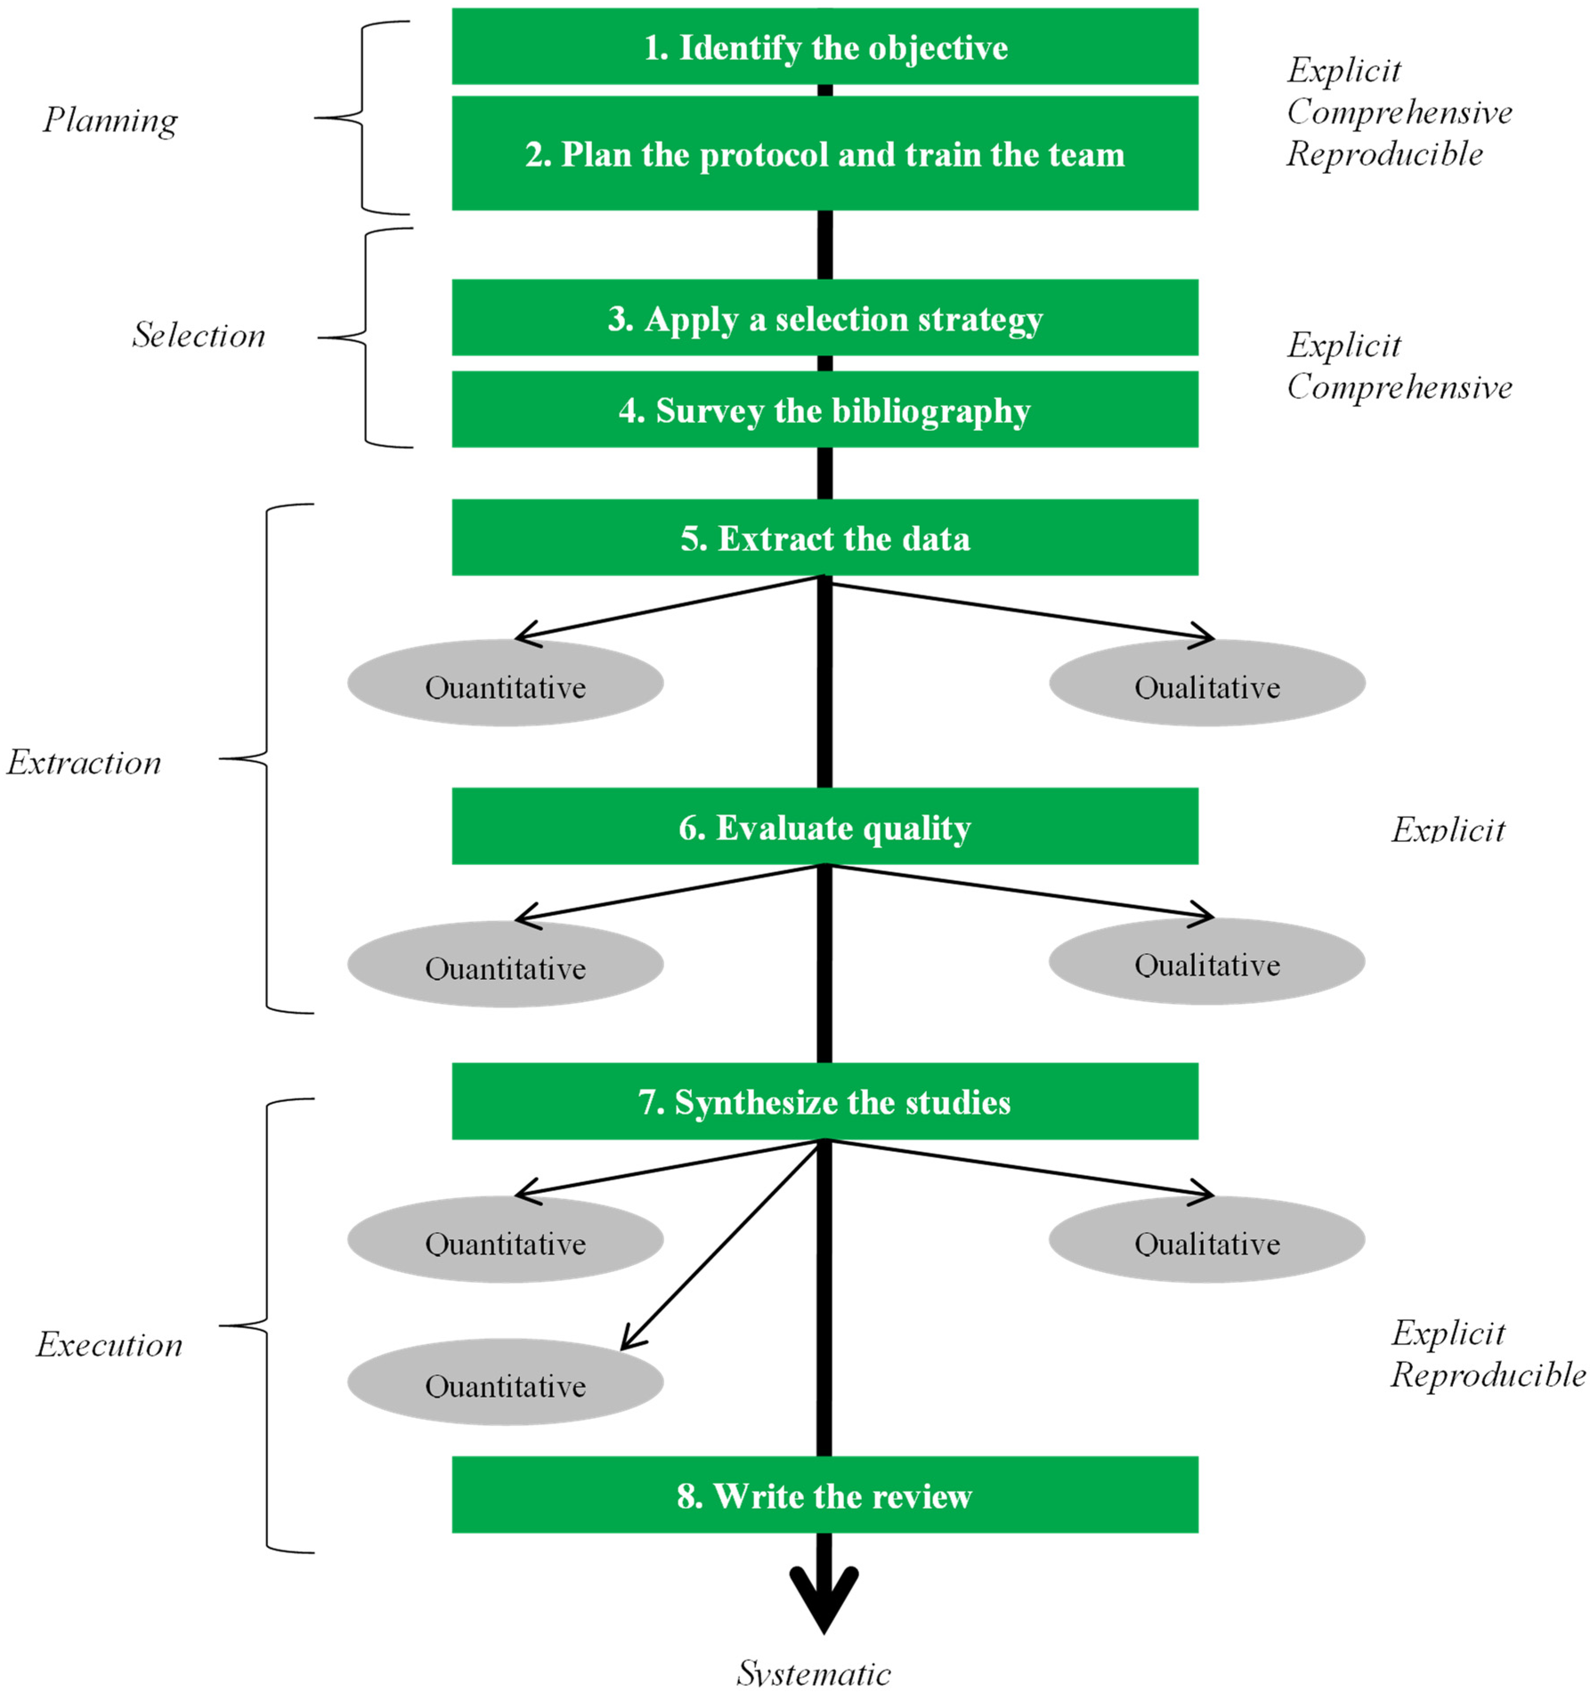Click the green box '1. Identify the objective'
824,47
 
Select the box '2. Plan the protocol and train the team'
824,153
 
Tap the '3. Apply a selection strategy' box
824,318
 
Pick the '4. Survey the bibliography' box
824,410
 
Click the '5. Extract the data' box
824,538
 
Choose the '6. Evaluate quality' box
824,827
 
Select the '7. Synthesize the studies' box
824,1102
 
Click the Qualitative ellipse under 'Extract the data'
1206,686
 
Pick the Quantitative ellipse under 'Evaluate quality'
505,968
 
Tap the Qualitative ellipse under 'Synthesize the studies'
1206,1243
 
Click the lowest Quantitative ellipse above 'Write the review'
505,1385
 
